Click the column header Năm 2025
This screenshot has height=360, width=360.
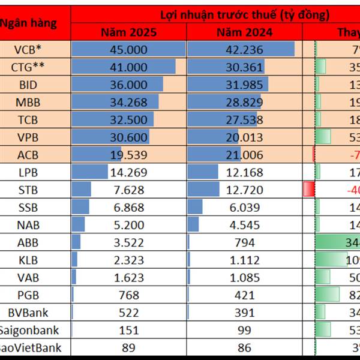coord(128,32)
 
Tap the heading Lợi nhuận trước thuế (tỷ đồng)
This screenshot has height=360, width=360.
coord(245,14)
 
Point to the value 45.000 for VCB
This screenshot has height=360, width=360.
coord(128,50)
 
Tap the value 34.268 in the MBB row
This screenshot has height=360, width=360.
coord(128,102)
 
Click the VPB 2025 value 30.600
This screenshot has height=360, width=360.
coord(128,137)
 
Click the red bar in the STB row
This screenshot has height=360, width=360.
coord(309,190)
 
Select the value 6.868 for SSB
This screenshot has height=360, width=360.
coord(128,208)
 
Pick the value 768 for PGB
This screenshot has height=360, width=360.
coord(128,295)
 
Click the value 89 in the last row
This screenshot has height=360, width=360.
coord(128,347)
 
